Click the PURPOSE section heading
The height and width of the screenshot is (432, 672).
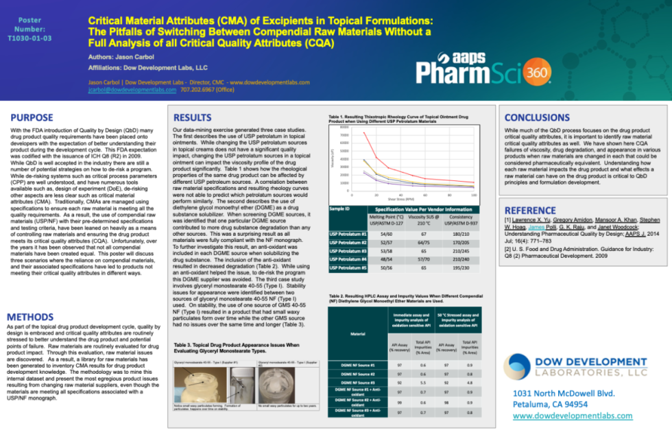[x=32, y=117]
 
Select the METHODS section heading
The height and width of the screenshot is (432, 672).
[x=35, y=317]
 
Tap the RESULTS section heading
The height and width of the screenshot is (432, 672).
[x=192, y=117]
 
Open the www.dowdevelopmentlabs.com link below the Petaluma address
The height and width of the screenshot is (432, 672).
[x=573, y=416]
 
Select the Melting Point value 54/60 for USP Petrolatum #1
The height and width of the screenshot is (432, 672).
[x=381, y=234]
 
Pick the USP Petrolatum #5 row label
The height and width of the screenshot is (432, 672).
[x=348, y=269]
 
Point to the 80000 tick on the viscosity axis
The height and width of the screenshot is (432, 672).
[x=344, y=128]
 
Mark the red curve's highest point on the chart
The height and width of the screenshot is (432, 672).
[x=363, y=132]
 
